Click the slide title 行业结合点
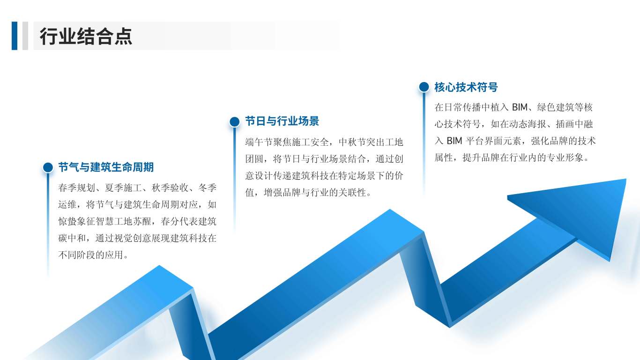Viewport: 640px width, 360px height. click(86, 36)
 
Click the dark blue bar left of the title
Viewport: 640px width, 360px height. click(15, 36)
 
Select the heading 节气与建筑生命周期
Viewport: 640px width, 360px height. click(106, 167)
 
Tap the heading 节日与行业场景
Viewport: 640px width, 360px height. click(282, 121)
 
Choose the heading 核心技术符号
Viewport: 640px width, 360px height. click(466, 87)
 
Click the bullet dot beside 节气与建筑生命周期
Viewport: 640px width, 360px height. click(48, 167)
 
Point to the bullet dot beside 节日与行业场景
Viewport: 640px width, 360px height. click(235, 122)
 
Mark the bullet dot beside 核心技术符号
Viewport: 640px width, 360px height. click(424, 87)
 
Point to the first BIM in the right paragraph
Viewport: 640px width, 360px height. click(519, 108)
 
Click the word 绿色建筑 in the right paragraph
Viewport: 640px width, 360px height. click(555, 108)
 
